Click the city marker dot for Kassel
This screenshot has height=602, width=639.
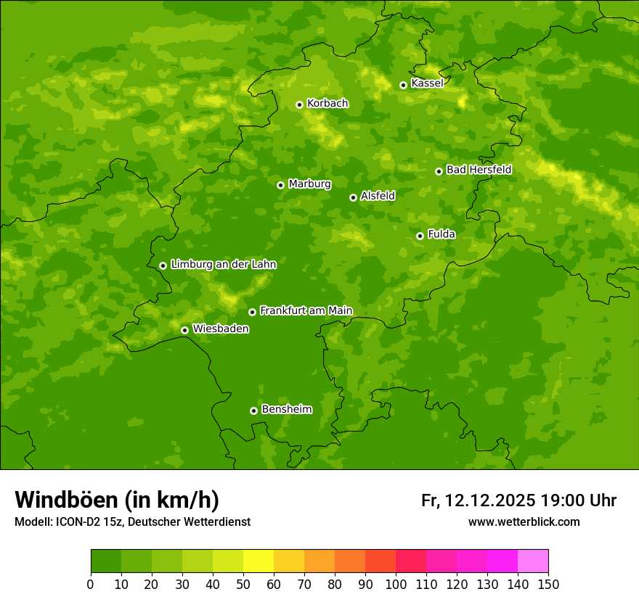(x=403, y=85)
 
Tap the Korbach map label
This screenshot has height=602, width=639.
(x=327, y=104)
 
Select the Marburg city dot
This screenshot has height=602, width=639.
(x=280, y=185)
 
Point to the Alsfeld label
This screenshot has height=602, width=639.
(x=378, y=196)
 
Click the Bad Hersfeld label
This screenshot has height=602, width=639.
(x=479, y=170)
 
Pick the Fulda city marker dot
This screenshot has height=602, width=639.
(x=420, y=236)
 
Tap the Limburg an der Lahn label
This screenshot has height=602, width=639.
(x=224, y=265)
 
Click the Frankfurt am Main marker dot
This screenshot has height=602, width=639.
(x=252, y=312)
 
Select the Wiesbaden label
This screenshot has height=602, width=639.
(x=221, y=329)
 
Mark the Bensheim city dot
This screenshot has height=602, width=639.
(x=253, y=411)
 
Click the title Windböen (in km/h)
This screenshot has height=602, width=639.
(x=117, y=500)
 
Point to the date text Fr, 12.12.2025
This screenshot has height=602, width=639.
(x=479, y=500)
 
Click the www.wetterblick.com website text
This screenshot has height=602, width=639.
(x=524, y=521)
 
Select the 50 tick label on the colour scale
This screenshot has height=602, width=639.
(x=243, y=584)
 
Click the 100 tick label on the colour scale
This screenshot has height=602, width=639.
(x=396, y=584)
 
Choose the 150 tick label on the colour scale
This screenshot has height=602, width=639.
(x=548, y=584)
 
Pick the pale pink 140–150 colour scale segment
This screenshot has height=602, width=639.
(x=533, y=561)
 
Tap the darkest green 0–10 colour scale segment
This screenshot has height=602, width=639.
(x=106, y=561)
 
